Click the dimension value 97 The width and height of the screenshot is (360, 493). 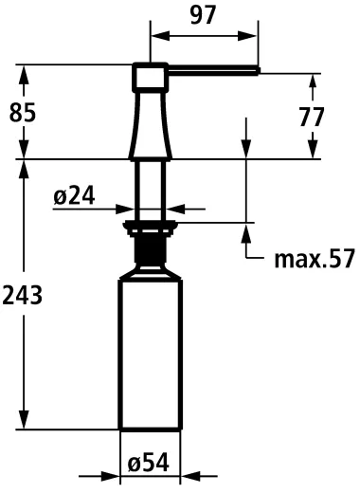[203, 15]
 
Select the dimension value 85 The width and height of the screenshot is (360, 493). [23, 112]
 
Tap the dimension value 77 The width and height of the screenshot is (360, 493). [311, 117]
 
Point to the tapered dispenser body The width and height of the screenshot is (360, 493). [149, 123]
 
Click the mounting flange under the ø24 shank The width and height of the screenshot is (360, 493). [149, 226]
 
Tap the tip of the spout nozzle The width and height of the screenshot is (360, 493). [257, 67]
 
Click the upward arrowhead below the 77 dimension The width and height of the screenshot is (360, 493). [311, 151]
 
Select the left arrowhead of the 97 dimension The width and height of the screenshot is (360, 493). [157, 37]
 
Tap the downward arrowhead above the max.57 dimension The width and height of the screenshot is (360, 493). [247, 152]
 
